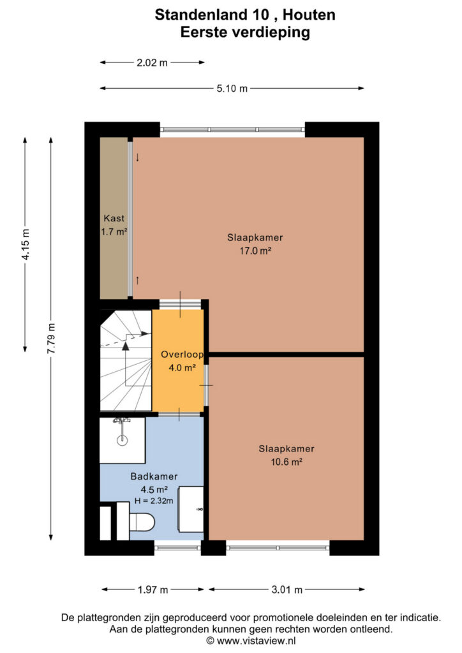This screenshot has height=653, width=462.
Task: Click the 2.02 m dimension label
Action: (152, 63)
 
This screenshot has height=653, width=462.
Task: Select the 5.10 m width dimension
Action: (232, 88)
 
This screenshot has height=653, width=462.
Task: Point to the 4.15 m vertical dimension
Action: (26, 244)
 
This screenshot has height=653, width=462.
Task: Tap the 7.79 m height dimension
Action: (51, 339)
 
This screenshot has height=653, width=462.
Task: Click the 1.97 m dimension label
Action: (153, 590)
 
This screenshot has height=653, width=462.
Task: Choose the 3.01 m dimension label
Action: (287, 590)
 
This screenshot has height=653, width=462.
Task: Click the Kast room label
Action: (114, 218)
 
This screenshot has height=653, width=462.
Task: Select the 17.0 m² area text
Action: (255, 251)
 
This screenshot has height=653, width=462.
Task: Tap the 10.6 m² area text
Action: (287, 462)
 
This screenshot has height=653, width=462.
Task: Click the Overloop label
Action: (182, 355)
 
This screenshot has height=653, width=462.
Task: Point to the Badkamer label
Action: (154, 476)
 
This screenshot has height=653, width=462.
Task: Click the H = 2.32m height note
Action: (154, 501)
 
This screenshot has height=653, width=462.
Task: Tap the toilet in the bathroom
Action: (141, 522)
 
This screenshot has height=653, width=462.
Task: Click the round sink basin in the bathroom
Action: (122, 440)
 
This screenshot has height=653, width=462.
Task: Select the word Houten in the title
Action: (309, 15)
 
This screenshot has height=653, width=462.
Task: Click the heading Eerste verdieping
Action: (245, 33)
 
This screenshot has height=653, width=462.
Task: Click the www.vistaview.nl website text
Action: (256, 640)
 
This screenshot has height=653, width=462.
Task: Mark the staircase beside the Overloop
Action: (126, 361)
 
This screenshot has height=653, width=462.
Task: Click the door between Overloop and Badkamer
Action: (179, 414)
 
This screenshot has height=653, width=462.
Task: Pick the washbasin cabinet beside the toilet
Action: (191, 509)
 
